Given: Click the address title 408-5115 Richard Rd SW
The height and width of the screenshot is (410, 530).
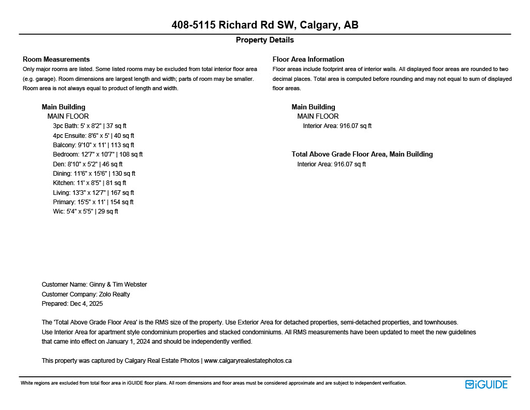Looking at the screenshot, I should (265, 25).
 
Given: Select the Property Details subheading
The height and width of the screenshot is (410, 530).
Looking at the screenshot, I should (265, 40).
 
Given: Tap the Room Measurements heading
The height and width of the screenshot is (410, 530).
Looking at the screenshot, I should (56, 59).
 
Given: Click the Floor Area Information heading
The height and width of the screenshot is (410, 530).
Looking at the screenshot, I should (308, 59).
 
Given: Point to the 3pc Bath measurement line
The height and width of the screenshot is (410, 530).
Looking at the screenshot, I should (90, 126).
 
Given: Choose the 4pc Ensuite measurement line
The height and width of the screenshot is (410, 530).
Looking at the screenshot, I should (93, 136).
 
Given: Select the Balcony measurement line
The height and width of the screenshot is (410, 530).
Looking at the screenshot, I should (93, 145).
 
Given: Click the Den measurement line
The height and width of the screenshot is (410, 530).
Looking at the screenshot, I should (87, 164).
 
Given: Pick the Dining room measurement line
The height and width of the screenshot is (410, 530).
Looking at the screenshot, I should (94, 174).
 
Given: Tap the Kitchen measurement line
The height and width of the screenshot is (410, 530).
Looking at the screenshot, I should (90, 183).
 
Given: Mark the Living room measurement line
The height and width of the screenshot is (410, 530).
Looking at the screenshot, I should (93, 193).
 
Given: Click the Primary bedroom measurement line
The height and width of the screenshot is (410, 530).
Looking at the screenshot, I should (93, 202).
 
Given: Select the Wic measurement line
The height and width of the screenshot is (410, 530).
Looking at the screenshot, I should (85, 211).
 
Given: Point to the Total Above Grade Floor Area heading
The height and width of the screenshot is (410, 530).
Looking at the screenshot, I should (362, 154).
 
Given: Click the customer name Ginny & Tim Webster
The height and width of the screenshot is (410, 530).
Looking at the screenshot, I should (118, 285).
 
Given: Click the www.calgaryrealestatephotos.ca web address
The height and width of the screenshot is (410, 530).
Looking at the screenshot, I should (248, 361).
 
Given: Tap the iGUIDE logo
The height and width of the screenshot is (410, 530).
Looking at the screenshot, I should (487, 384).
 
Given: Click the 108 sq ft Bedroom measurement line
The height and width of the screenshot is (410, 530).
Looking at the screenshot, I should (98, 154).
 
